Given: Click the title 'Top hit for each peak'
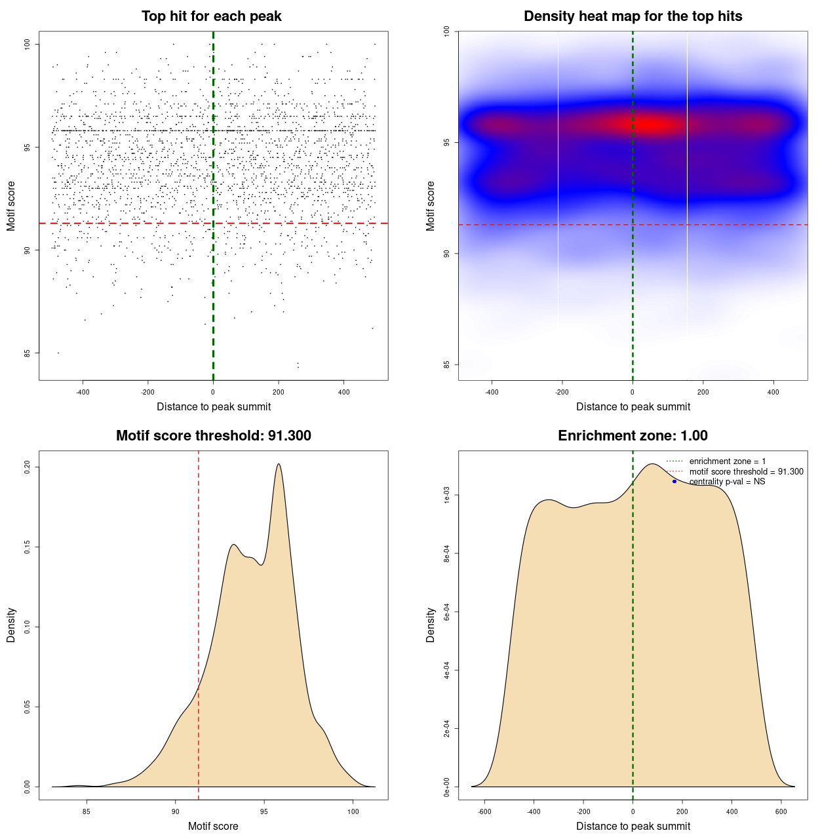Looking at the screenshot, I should click(x=211, y=16).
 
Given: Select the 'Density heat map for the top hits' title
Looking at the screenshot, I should click(x=633, y=16).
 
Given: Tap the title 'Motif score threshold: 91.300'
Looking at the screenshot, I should click(x=213, y=436).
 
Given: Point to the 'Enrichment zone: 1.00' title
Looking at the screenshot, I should click(x=633, y=436).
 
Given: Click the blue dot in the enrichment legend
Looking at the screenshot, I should click(x=674, y=482).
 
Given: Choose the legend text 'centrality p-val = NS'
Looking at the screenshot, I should click(x=727, y=482).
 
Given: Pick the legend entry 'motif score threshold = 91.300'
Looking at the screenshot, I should click(x=746, y=472).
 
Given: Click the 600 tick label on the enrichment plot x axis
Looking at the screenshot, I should click(x=781, y=811).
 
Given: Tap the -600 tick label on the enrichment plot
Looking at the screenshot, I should click(x=484, y=811).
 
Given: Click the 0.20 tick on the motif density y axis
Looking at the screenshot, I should click(x=28, y=467).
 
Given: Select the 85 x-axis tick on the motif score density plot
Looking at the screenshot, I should click(x=87, y=811).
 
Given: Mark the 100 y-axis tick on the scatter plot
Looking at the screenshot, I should click(x=28, y=44).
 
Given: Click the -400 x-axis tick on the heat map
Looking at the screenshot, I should click(x=492, y=392).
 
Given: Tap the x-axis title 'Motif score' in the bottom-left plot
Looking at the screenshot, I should click(x=213, y=826).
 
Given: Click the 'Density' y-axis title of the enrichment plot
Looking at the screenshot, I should click(x=431, y=625).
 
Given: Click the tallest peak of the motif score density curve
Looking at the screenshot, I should click(x=279, y=464).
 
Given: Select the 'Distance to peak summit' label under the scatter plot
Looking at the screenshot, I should click(x=214, y=406).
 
